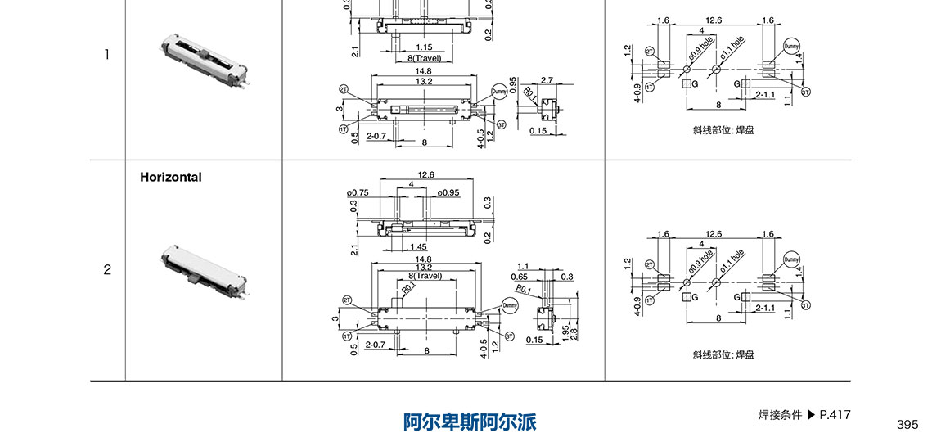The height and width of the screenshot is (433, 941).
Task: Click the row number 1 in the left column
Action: (106, 55)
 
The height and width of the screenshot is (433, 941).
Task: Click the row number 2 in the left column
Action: (106, 269)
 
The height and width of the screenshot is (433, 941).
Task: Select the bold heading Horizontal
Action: (170, 177)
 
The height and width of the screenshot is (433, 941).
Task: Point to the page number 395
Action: (907, 424)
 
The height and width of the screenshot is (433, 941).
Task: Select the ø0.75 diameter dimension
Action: (358, 193)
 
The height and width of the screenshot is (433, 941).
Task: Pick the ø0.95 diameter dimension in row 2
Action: (442, 193)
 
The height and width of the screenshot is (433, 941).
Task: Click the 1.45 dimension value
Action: (417, 246)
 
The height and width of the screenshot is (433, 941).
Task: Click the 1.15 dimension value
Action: (423, 47)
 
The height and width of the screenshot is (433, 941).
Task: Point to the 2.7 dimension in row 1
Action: (547, 80)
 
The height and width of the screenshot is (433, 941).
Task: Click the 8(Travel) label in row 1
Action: (424, 58)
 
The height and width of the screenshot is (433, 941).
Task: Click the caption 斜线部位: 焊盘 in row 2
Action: (723, 354)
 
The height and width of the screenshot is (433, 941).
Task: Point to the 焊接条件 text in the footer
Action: (780, 414)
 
